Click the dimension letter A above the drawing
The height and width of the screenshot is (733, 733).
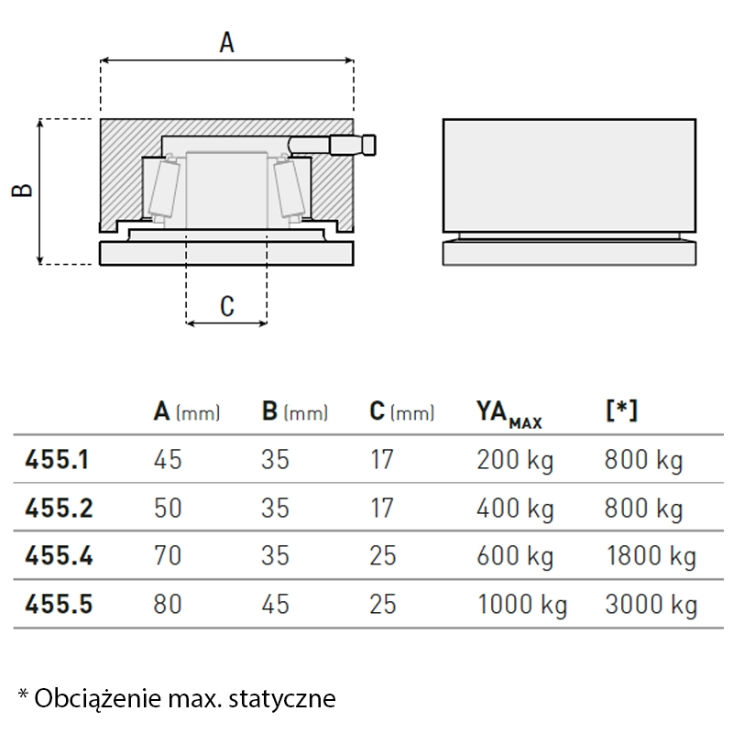click(x=226, y=42)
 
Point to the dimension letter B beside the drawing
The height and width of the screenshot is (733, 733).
click(x=22, y=190)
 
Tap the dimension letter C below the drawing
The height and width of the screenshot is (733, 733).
click(x=227, y=307)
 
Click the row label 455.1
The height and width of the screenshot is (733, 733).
click(x=57, y=460)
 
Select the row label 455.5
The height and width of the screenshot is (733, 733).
click(x=59, y=604)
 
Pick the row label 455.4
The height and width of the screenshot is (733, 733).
click(x=59, y=556)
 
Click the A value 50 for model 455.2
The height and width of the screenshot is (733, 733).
click(x=168, y=508)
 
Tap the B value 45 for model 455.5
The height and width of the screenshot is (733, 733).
click(x=276, y=604)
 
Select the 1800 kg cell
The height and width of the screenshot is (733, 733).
click(x=651, y=557)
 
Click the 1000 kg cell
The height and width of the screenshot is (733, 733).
click(x=522, y=606)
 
